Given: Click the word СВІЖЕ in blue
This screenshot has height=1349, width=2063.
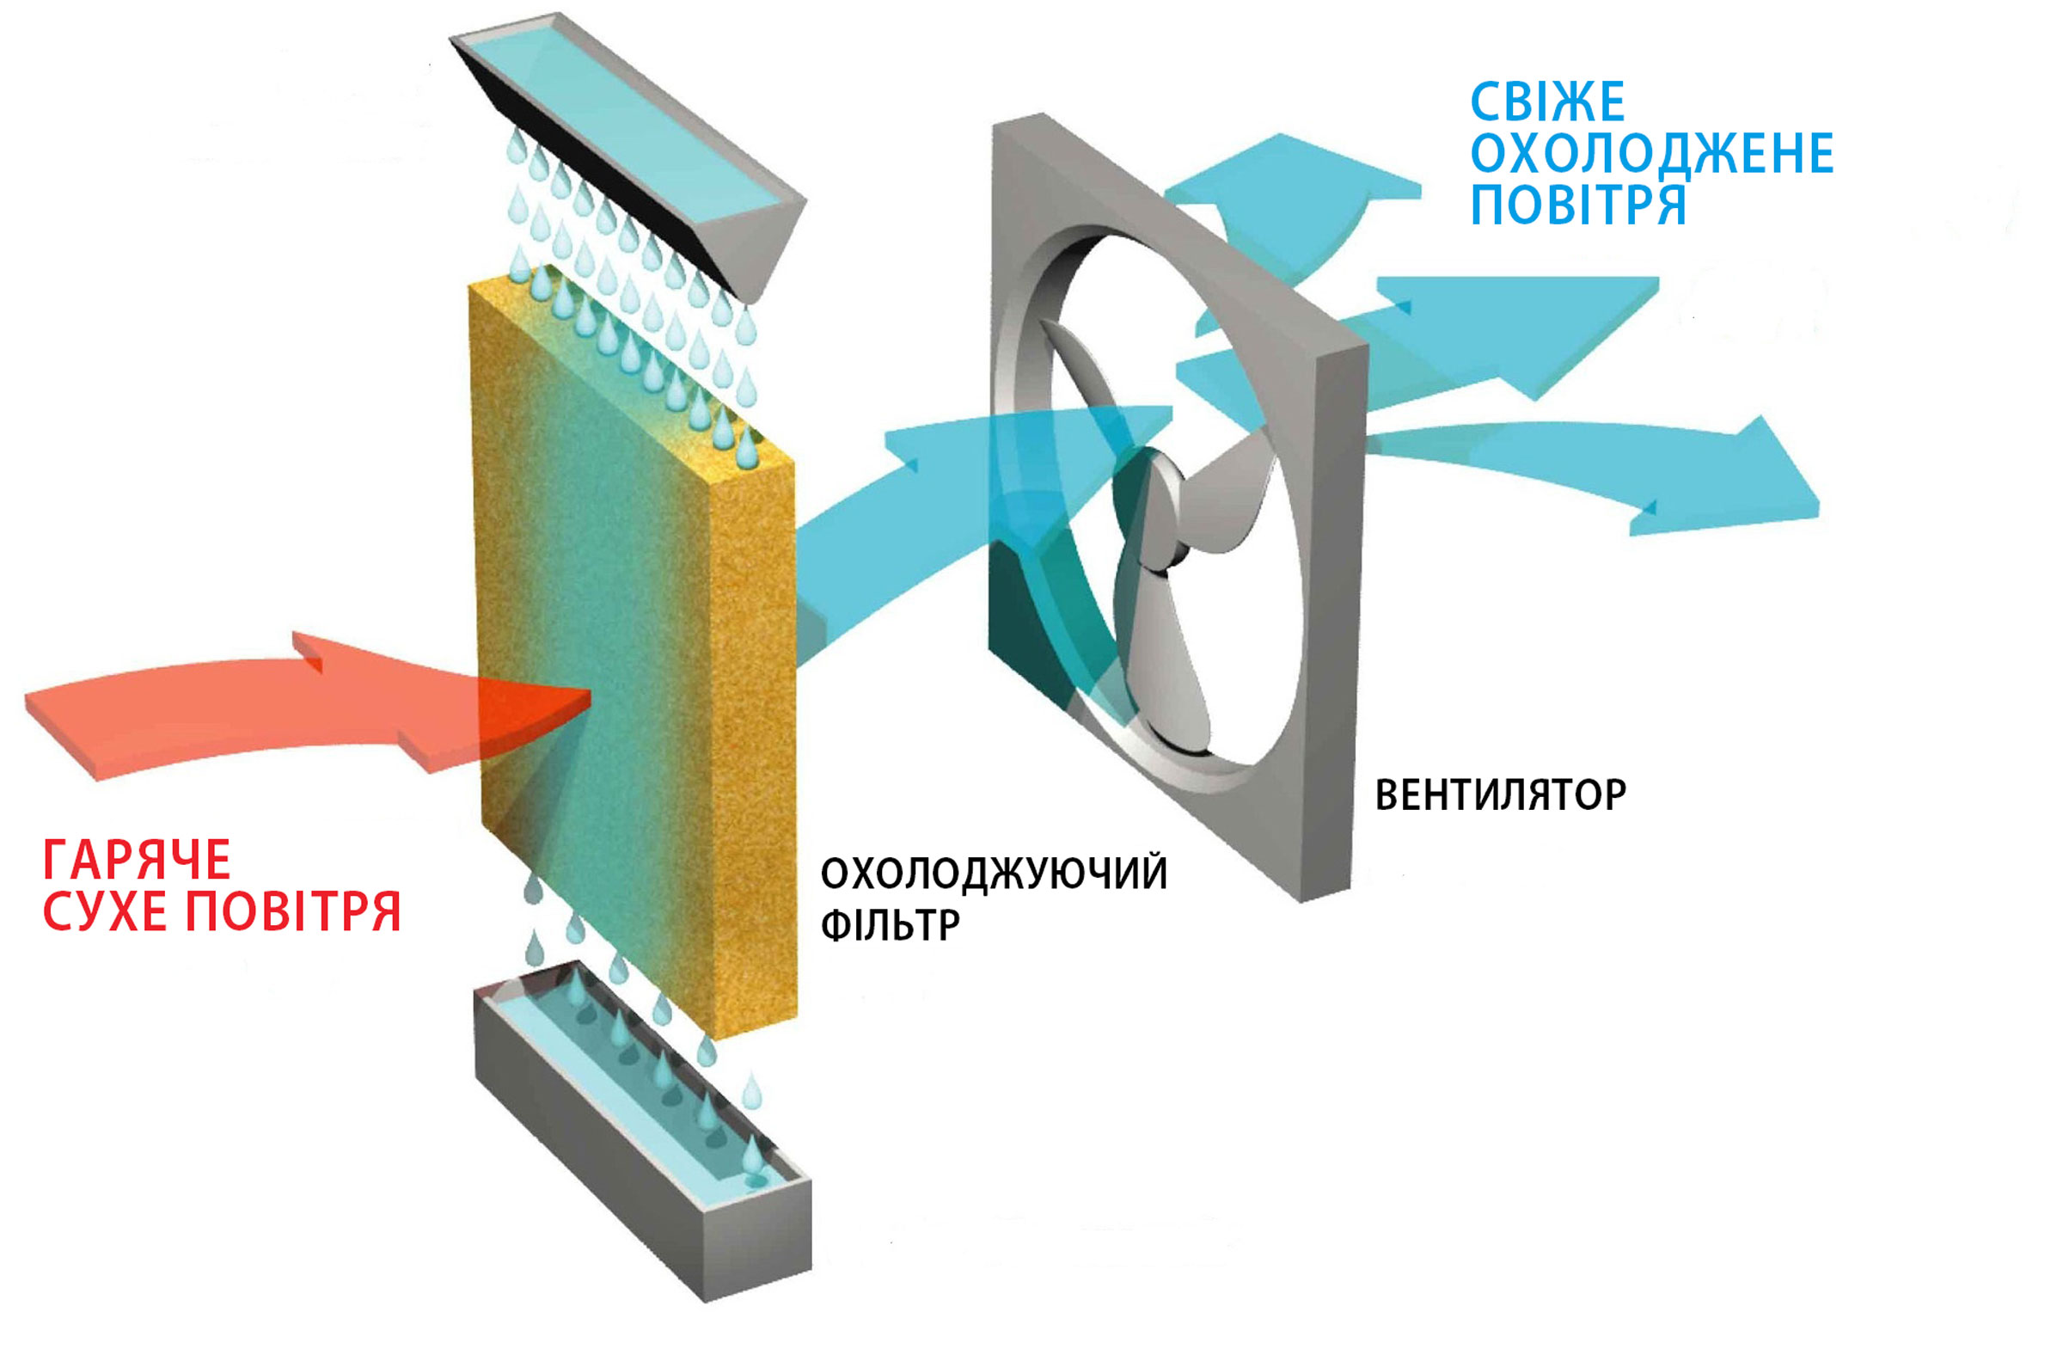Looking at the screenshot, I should [x=1547, y=102].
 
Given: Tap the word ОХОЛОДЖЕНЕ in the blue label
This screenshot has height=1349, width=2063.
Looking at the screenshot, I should [x=1651, y=154].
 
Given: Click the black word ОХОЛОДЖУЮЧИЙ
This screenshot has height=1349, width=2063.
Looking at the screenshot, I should [x=994, y=873].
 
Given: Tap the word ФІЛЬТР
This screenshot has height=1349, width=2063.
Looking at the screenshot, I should [x=890, y=925].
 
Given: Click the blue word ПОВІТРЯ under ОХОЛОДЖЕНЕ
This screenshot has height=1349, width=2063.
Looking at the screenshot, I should [x=1577, y=205].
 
